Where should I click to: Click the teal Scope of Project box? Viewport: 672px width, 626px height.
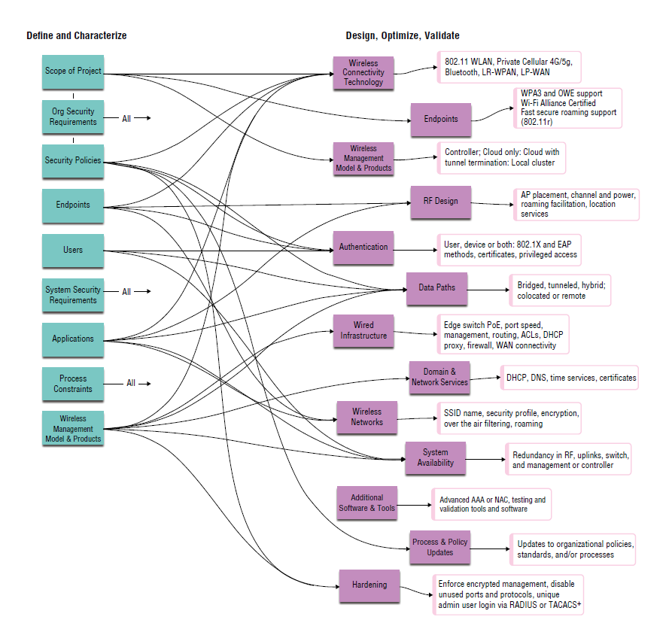73,71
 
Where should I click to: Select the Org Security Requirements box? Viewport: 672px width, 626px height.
73,117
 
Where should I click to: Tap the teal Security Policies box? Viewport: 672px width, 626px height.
73,160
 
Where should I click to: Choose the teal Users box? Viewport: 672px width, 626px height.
73,250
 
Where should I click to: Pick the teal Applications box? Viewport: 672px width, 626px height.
73,339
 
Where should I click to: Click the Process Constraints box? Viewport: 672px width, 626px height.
73,384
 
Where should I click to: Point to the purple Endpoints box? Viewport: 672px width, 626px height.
440,119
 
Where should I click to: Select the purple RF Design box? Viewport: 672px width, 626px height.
440,201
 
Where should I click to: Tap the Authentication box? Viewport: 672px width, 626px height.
363,247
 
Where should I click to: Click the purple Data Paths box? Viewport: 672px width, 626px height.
436,287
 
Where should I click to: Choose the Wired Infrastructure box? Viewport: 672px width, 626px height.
363,331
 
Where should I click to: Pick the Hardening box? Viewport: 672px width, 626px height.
369,585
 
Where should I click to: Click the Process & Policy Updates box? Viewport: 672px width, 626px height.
439,547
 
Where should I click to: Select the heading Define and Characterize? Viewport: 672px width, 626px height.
77,35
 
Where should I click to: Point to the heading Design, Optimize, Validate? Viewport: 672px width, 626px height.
403,35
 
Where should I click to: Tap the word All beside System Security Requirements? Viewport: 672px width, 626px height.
126,292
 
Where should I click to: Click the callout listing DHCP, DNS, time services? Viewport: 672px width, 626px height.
570,378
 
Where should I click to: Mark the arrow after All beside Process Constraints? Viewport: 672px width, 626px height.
145,384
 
